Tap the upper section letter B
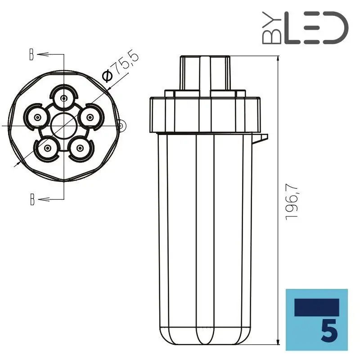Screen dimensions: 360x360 pos(31,55)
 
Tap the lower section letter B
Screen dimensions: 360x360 pos(31,199)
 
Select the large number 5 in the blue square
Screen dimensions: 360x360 pos(330,332)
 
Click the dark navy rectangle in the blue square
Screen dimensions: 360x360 pos(316,307)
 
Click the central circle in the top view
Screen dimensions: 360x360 pos(63,126)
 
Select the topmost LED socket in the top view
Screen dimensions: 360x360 pos(64,98)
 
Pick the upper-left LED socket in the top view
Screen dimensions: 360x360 pos(36,117)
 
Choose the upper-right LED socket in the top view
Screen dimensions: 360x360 pos(90,117)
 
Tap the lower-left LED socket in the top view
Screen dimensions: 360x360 pos(47,148)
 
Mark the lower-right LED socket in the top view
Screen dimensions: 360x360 pos(80,148)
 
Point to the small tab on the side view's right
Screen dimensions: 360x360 pos(261,138)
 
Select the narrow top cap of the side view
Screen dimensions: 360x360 pos(205,72)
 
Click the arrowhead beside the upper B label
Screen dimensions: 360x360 pos(40,55)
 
